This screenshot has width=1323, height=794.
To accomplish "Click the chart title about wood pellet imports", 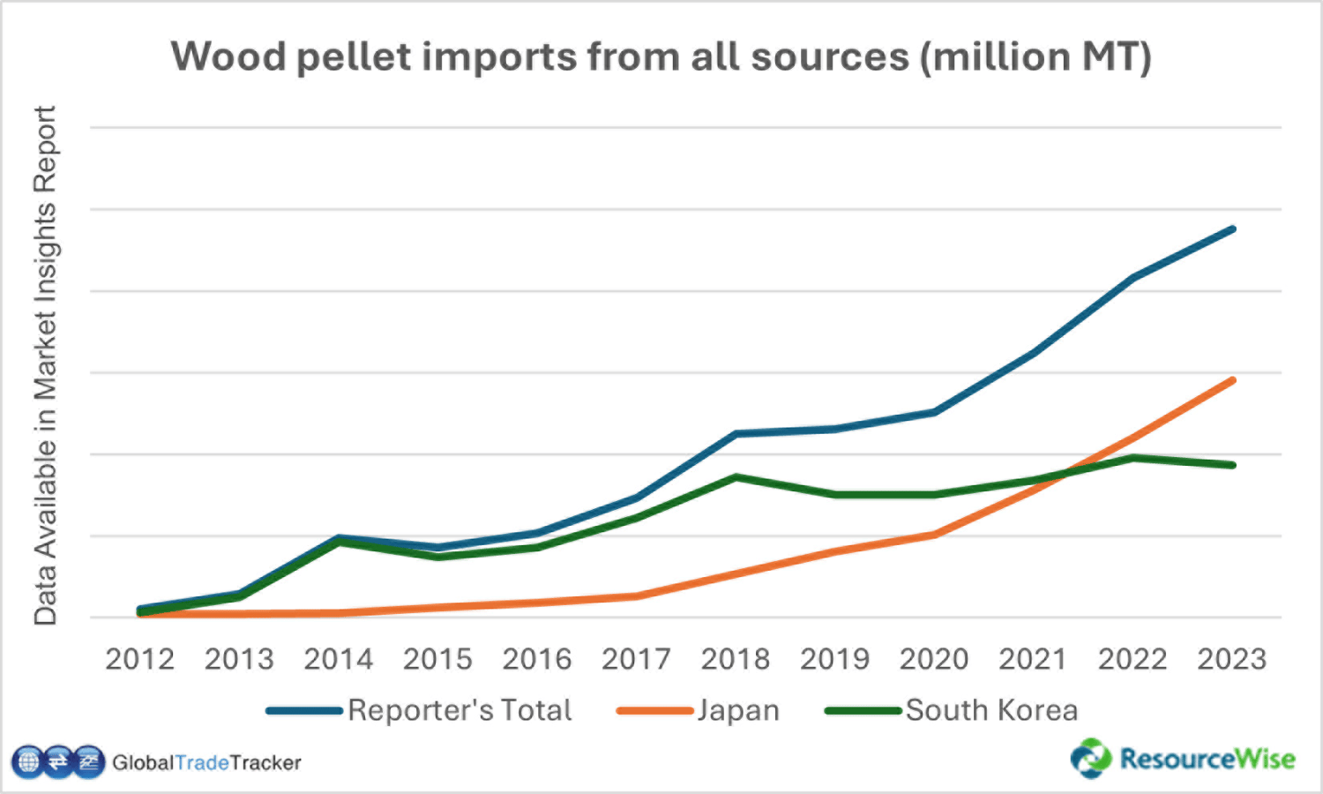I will (x=661, y=56).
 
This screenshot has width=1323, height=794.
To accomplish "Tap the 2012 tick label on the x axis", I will (x=139, y=659).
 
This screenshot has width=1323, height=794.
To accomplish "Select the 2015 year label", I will (x=437, y=659).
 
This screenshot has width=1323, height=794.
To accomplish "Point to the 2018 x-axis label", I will (x=735, y=659).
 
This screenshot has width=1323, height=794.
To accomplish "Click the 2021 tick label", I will (x=1033, y=659).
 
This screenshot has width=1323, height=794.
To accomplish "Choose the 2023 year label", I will (x=1231, y=659).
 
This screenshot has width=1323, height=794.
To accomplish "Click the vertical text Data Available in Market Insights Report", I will (x=45, y=366).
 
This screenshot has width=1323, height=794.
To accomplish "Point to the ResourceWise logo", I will (x=1183, y=759).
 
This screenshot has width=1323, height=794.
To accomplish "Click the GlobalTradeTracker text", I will (x=206, y=762).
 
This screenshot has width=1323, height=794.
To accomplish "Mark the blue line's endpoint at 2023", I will (x=1232, y=229).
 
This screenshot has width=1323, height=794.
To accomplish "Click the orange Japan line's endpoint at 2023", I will (x=1232, y=380).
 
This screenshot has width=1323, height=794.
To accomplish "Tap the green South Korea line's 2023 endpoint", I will (x=1232, y=465).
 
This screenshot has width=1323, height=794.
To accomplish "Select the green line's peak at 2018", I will (x=736, y=477).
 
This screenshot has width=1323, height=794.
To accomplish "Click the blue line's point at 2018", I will (x=736, y=433).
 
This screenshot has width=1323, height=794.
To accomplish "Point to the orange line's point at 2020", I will (x=934, y=535).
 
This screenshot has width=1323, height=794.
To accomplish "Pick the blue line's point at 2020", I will (x=934, y=412).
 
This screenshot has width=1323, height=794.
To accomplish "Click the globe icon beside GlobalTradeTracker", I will (x=28, y=761).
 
